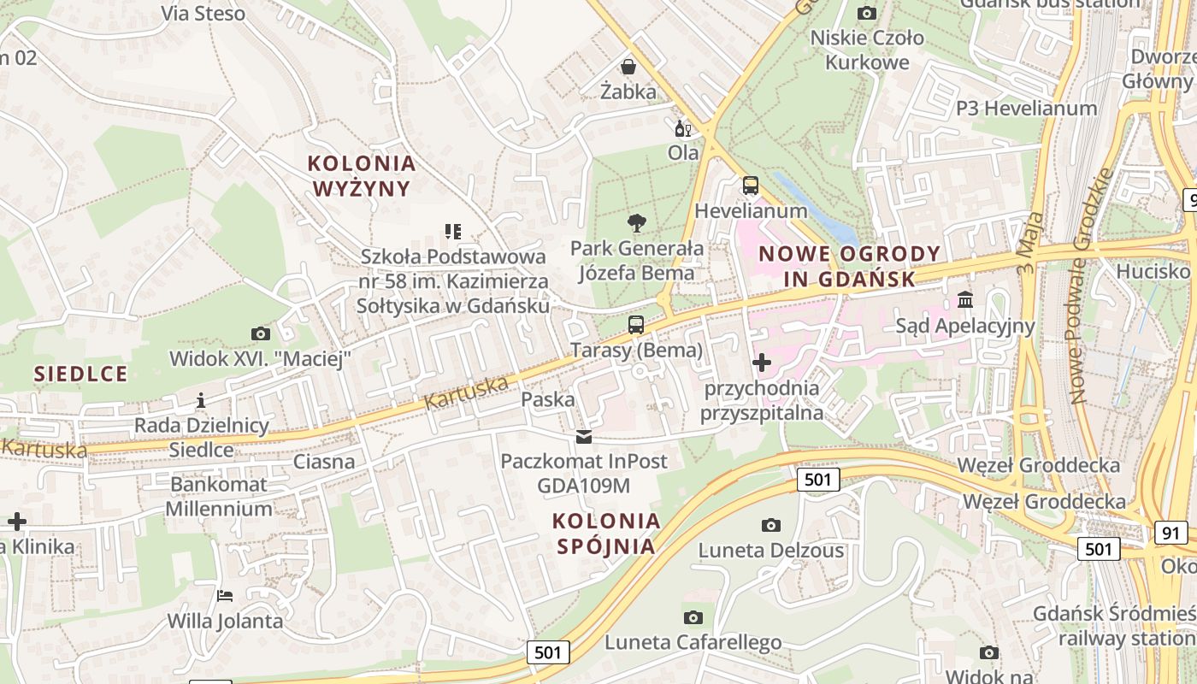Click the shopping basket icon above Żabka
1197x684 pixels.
pyautogui.click(x=628, y=67)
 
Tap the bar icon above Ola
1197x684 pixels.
pyautogui.click(x=682, y=129)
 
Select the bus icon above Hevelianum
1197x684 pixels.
pyautogui.click(x=750, y=186)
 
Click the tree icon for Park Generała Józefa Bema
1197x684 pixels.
pyautogui.click(x=636, y=224)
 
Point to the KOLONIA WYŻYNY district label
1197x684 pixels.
pyautogui.click(x=362, y=175)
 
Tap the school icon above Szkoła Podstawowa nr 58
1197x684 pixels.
pyautogui.click(x=453, y=231)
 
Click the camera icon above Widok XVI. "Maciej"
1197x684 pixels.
pyautogui.click(x=260, y=333)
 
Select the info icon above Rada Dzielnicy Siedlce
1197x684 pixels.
pyautogui.click(x=201, y=400)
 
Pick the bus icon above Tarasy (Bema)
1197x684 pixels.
pyautogui.click(x=635, y=325)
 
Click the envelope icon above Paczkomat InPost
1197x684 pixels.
pyautogui.click(x=584, y=438)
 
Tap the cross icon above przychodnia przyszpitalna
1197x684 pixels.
pyautogui.click(x=761, y=363)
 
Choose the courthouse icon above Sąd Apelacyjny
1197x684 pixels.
pyautogui.click(x=965, y=300)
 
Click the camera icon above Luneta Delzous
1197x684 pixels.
pyautogui.click(x=770, y=525)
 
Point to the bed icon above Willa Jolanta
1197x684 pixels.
pyautogui.click(x=224, y=595)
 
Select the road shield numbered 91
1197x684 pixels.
pyautogui.click(x=1171, y=533)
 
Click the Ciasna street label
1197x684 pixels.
pyautogui.click(x=324, y=462)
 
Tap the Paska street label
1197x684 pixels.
pyautogui.click(x=548, y=399)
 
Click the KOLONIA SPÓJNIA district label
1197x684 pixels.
pyautogui.click(x=606, y=534)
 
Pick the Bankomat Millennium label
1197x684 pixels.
pyautogui.click(x=219, y=496)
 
